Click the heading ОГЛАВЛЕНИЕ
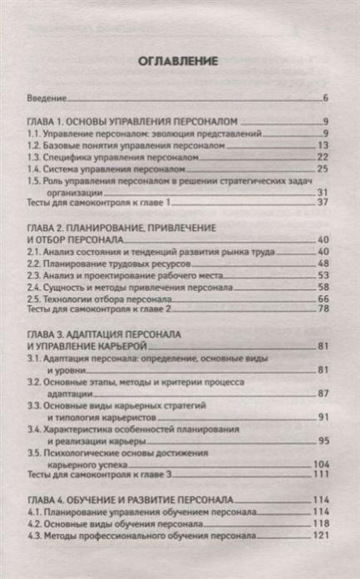pos(179,61)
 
